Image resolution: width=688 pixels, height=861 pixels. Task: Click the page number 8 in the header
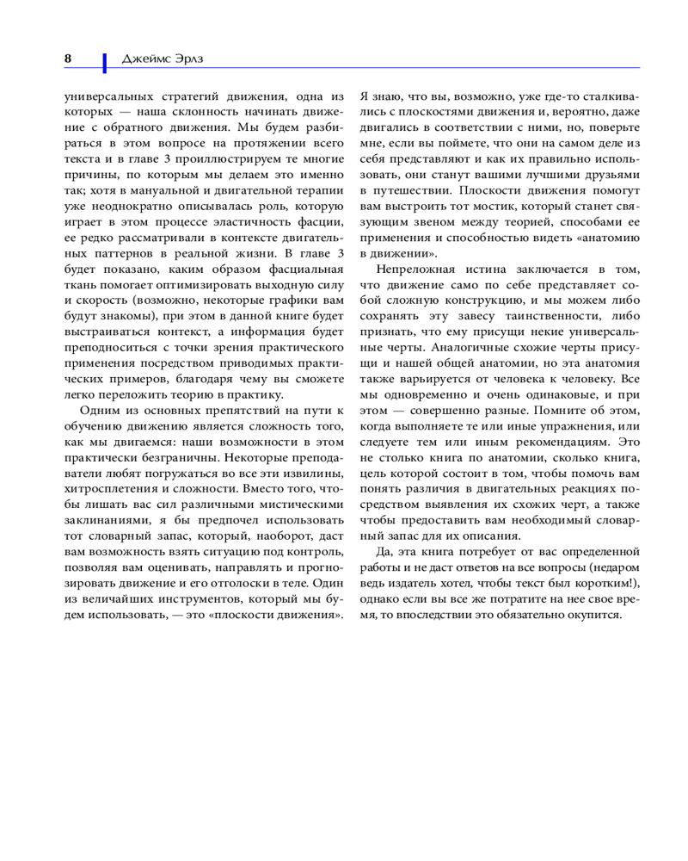(x=68, y=59)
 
